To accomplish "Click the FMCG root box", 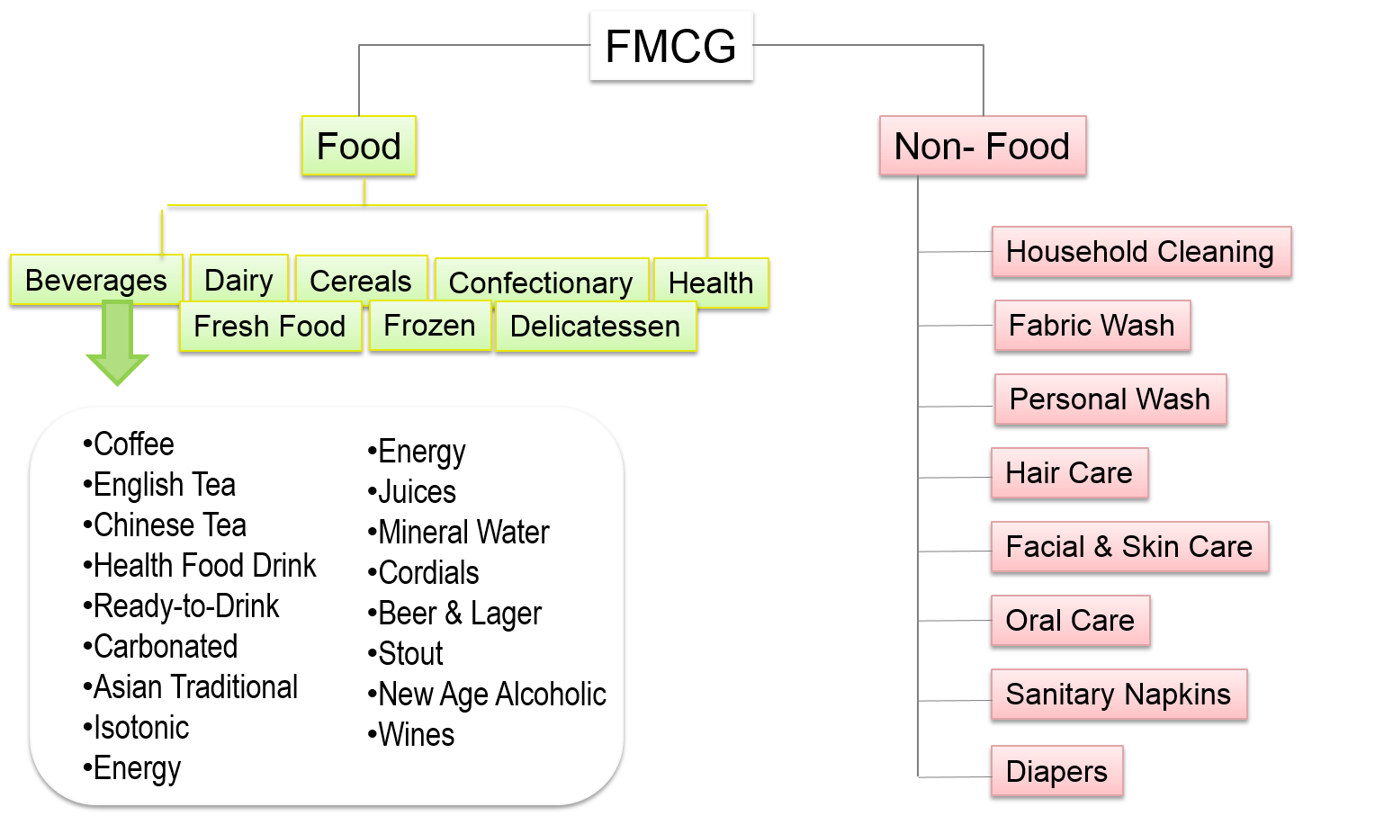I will [671, 45].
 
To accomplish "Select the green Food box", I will [359, 146].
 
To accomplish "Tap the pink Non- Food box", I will [982, 146].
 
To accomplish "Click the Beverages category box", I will [96, 280].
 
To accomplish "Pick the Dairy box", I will [238, 279].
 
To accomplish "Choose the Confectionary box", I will [541, 282].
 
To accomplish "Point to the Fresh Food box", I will [270, 326].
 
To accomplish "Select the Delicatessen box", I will [595, 326].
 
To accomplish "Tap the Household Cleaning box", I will [1140, 252].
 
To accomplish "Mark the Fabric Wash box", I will [1092, 325].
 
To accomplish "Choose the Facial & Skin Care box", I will [1129, 546].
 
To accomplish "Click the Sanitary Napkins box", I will [1119, 694].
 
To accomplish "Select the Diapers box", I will [1056, 771].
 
